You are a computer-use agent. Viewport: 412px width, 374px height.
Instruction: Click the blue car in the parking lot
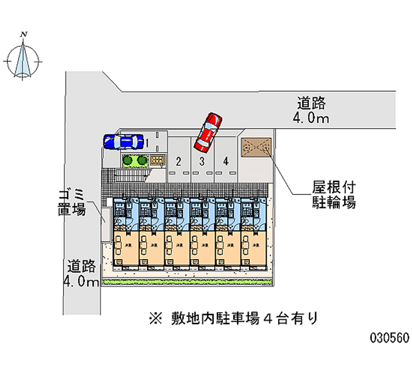(x=123, y=141)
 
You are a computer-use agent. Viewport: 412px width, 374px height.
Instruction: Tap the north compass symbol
(x=23, y=61)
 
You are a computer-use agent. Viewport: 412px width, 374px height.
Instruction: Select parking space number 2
(x=178, y=161)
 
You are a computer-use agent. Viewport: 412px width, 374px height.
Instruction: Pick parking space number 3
(x=202, y=161)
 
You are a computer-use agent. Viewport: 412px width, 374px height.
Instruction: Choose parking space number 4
(x=226, y=161)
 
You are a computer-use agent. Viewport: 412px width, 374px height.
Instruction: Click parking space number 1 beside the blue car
(x=147, y=141)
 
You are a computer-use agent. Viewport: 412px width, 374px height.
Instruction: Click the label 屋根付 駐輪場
(x=334, y=194)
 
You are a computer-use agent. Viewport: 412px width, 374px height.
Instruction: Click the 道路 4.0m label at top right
(x=311, y=110)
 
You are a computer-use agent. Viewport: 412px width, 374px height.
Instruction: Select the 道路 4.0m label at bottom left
(x=81, y=274)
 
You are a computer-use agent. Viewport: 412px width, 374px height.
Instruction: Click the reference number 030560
(x=389, y=337)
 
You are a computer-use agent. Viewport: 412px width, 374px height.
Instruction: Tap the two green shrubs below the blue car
(x=135, y=160)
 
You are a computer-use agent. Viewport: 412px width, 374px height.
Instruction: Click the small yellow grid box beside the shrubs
(x=158, y=160)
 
